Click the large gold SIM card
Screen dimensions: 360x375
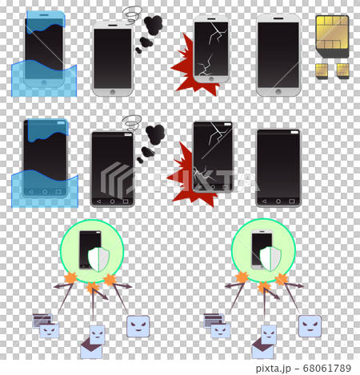(332, 36)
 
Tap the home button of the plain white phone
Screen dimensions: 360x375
(278, 92)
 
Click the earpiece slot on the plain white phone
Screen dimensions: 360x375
(278, 18)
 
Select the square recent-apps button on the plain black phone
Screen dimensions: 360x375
(292, 201)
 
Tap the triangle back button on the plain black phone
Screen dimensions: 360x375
(264, 201)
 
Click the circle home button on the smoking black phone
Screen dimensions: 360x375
(112, 201)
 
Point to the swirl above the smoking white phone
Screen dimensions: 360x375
(132, 15)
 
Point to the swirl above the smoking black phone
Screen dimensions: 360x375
(131, 123)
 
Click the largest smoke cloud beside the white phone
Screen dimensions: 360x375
(153, 25)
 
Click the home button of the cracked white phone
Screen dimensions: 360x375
(211, 79)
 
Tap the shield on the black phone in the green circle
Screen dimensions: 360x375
(98, 259)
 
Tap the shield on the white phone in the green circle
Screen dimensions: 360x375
(270, 258)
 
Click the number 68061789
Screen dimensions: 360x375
(327, 369)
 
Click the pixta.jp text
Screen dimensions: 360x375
(274, 369)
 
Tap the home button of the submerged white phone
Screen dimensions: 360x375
(44, 82)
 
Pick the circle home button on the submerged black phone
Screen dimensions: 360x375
(45, 192)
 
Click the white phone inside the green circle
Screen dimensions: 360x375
(262, 249)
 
